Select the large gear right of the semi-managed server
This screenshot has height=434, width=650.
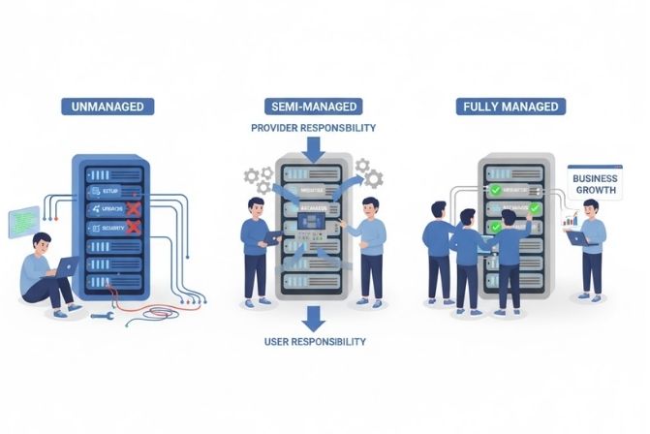[372, 178]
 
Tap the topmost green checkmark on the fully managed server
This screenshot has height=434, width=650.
[496, 191]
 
